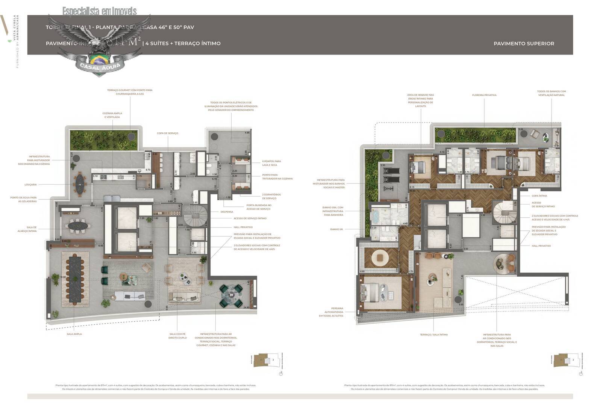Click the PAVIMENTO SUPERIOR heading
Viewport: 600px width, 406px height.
(523, 44)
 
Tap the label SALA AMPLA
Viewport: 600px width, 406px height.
(74, 334)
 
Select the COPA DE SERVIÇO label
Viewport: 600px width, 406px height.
(167, 133)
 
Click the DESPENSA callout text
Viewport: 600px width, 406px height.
(227, 212)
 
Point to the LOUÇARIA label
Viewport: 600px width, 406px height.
(30, 185)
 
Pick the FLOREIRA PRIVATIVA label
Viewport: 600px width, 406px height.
(484, 95)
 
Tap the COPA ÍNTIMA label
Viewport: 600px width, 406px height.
(539, 196)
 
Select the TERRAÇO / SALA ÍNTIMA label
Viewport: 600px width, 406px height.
(433, 335)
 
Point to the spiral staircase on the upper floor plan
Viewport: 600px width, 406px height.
(502, 212)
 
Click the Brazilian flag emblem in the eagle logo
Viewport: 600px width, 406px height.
(98, 59)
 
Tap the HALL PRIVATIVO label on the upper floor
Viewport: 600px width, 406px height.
(541, 246)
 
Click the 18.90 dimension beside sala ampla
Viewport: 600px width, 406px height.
(62, 277)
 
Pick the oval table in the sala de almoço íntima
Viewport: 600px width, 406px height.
(78, 226)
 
